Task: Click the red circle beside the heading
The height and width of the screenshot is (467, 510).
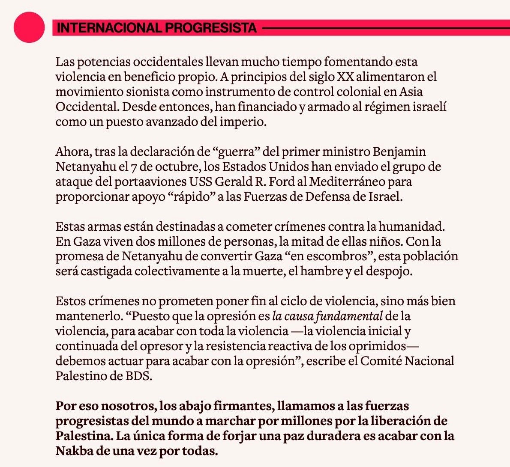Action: (29, 27)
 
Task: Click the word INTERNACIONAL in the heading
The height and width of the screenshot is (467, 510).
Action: (109, 28)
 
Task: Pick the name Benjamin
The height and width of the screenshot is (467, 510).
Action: (399, 152)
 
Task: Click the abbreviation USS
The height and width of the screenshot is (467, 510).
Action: (200, 182)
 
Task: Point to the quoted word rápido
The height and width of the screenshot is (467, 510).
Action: (186, 197)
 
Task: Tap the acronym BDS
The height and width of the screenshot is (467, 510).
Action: (138, 376)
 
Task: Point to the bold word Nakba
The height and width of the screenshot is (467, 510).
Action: (73, 451)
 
